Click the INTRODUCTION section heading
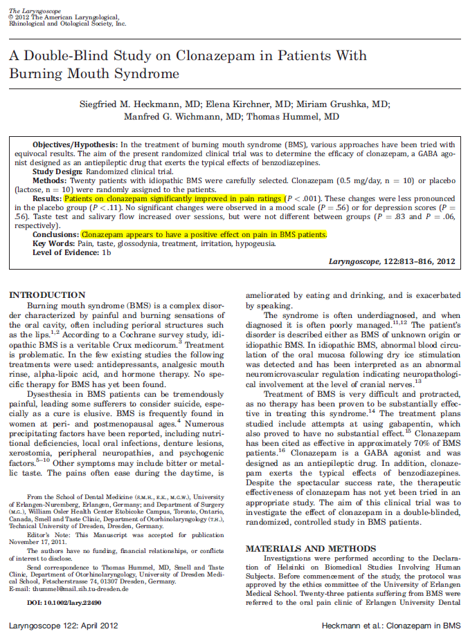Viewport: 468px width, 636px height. (x=46, y=295)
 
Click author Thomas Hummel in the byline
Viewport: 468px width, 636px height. (x=303, y=117)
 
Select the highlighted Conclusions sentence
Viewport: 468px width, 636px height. (x=204, y=234)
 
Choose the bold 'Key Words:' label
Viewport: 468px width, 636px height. (x=55, y=243)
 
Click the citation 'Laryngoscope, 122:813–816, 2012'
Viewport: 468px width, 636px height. (x=393, y=261)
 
